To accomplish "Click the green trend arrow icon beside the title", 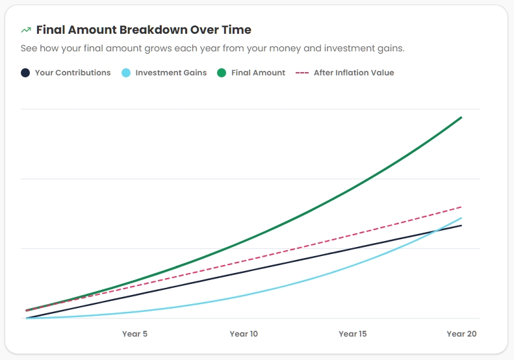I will point(26,30).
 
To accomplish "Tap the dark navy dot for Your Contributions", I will point(25,73).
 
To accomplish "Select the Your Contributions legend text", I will point(73,73).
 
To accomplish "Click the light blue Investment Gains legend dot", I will point(126,73).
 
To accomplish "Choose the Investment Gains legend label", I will point(171,73).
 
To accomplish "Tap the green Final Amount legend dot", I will point(222,73).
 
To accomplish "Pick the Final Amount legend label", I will point(258,73).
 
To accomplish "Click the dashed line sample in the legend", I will point(302,73).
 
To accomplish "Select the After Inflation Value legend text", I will point(353,73).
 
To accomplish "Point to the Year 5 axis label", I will point(135,334).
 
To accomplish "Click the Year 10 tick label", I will point(244,334).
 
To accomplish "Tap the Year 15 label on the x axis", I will point(353,334).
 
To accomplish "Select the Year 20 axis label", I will point(461,334).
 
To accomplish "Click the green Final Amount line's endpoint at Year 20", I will point(461,118).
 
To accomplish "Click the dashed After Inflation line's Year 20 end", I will point(461,207).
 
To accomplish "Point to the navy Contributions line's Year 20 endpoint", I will point(461,225).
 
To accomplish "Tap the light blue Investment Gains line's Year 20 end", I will point(461,218).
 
